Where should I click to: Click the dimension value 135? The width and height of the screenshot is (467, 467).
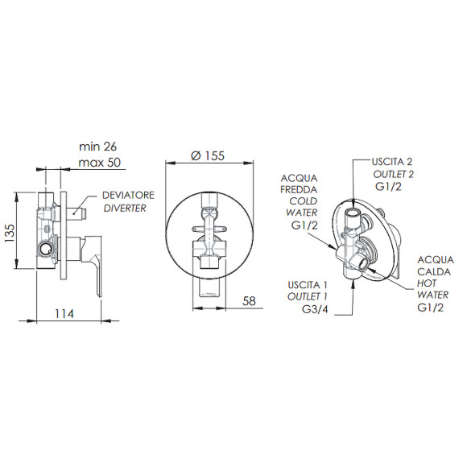point(10,233)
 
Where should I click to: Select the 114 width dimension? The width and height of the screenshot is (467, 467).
point(64,314)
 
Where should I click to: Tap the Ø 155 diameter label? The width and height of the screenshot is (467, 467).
point(208,155)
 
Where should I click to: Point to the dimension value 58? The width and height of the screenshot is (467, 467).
point(249,301)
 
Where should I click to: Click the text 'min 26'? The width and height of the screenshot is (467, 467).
point(98,147)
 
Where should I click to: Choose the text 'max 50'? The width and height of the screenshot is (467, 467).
point(100,163)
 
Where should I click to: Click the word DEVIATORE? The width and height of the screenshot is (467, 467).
point(128,196)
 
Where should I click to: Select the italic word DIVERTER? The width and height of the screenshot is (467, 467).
point(125,209)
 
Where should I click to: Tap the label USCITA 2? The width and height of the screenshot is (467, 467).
point(392,162)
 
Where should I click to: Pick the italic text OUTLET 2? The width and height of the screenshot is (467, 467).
point(394,174)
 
